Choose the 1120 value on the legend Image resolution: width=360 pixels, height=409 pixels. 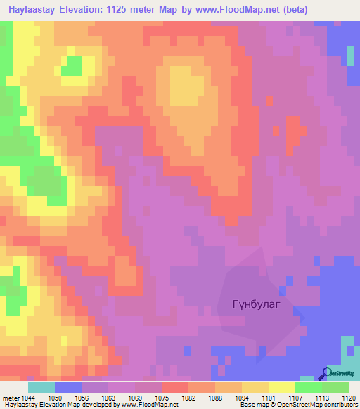[348, 398]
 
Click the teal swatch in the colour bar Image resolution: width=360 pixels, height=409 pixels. [41, 387]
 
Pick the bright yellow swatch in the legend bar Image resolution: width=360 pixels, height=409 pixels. [282, 387]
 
